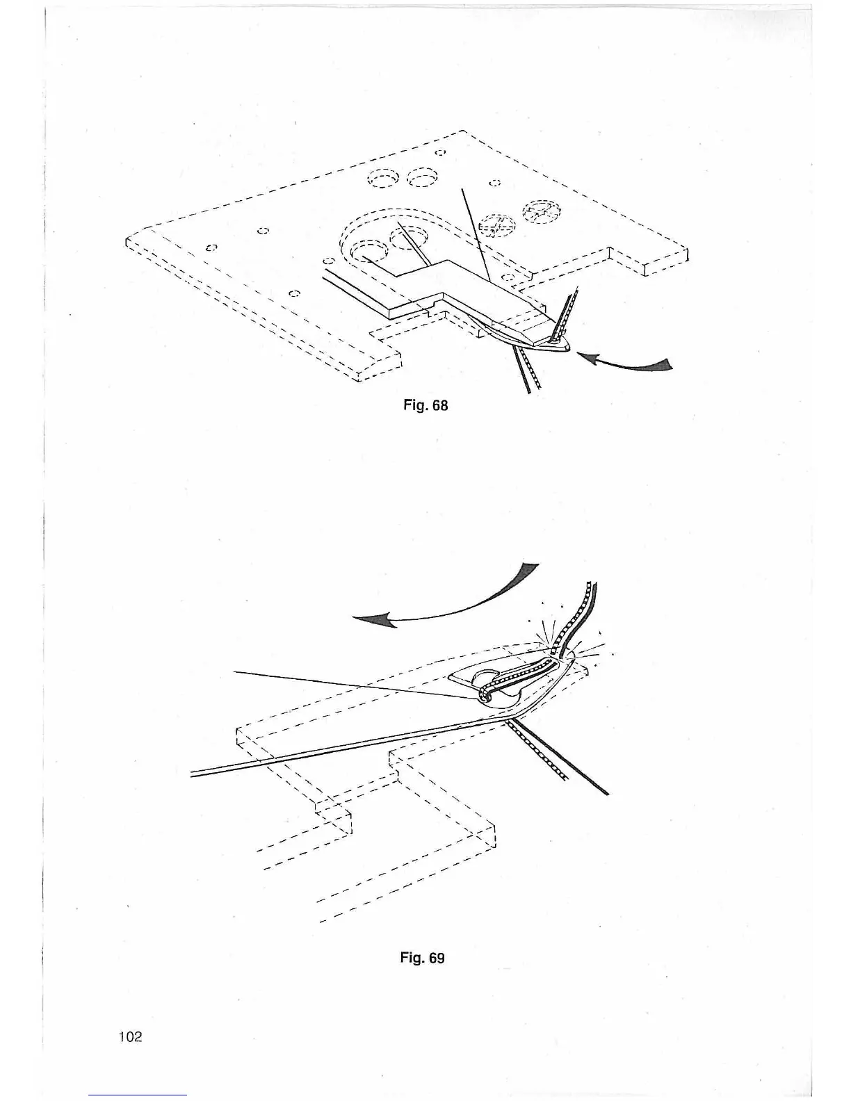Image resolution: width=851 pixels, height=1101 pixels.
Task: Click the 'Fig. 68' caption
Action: pos(425,405)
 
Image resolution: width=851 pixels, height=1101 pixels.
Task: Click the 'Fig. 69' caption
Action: pos(422,958)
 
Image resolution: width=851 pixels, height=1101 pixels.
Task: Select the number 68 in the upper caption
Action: pos(439,405)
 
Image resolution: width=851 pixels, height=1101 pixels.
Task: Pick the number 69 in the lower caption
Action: pos(436,958)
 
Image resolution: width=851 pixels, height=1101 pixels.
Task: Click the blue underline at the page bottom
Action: pos(138,1095)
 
